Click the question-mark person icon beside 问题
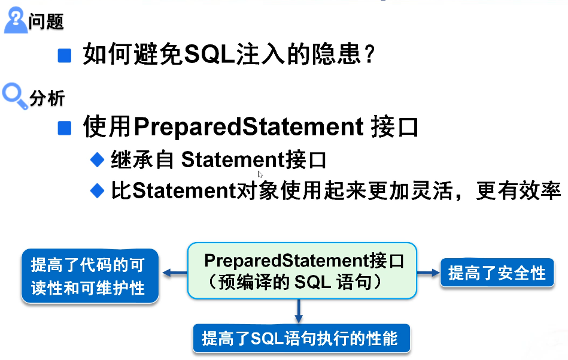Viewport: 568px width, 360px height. tap(16, 21)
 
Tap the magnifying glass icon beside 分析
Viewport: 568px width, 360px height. tap(15, 96)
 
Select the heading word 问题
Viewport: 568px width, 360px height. tap(46, 22)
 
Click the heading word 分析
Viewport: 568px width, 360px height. tap(47, 98)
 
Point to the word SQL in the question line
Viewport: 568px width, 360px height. tap(210, 55)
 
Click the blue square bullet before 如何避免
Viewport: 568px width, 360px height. tap(65, 56)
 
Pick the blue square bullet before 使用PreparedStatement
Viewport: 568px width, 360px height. tap(65, 128)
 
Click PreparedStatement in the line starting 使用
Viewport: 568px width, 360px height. tap(248, 127)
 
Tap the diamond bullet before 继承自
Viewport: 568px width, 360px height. tap(97, 160)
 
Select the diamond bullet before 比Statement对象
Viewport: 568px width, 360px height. tap(97, 190)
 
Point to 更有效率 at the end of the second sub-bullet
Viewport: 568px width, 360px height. tap(518, 190)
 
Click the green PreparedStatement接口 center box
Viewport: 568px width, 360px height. tap(302, 271)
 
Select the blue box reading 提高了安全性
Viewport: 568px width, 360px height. tap(497, 273)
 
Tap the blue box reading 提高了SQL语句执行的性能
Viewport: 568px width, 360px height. tap(302, 338)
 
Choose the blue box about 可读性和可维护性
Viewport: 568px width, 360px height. tap(90, 276)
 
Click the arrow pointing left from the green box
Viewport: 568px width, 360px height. tap(175, 273)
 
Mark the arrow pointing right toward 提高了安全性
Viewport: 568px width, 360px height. tap(429, 273)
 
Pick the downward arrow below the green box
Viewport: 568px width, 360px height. tap(299, 311)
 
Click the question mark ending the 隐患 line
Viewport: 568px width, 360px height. tap(369, 55)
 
